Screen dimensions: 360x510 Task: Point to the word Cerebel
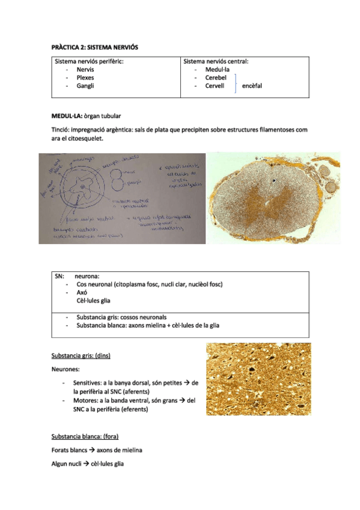pos(215,78)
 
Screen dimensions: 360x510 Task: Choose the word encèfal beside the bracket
pos(252,86)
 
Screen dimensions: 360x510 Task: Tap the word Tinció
pos(63,130)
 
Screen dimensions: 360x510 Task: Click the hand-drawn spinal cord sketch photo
pos(122,197)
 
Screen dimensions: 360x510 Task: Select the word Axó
pos(82,292)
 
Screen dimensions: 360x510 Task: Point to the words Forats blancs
pos(71,450)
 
